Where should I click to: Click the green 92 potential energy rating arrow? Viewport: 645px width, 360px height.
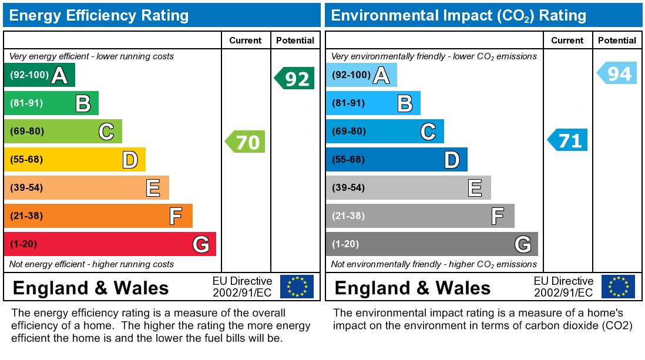click(x=295, y=78)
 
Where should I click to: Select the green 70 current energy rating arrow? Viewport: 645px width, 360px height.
click(x=246, y=142)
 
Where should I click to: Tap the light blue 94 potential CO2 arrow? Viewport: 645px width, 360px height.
click(x=617, y=73)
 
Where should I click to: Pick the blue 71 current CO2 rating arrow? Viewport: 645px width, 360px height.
click(x=568, y=140)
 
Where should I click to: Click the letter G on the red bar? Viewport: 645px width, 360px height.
click(x=201, y=244)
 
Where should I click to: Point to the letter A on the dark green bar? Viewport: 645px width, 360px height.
click(x=59, y=75)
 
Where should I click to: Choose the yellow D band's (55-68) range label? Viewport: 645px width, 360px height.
click(x=27, y=160)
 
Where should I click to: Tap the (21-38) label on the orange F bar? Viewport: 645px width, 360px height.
click(x=27, y=216)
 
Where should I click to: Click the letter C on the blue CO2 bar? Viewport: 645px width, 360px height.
click(x=428, y=132)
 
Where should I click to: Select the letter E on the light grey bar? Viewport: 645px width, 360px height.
click(x=475, y=188)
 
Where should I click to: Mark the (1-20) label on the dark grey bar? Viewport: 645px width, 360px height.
click(x=345, y=244)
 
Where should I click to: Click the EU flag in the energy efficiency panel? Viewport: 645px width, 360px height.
click(x=297, y=287)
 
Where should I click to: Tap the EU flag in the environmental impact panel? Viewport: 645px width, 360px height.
click(x=618, y=287)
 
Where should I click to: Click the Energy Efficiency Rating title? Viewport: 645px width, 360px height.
click(x=99, y=15)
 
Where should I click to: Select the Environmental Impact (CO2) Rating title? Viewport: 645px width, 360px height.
click(x=459, y=15)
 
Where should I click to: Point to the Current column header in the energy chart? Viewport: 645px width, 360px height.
click(x=246, y=41)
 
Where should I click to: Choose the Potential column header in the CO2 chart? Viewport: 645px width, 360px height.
click(x=617, y=41)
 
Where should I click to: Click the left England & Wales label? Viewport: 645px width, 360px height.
click(x=91, y=288)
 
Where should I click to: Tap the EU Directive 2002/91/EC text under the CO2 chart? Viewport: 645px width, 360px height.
click(x=563, y=287)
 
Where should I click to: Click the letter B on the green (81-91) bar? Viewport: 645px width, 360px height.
click(x=83, y=103)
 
